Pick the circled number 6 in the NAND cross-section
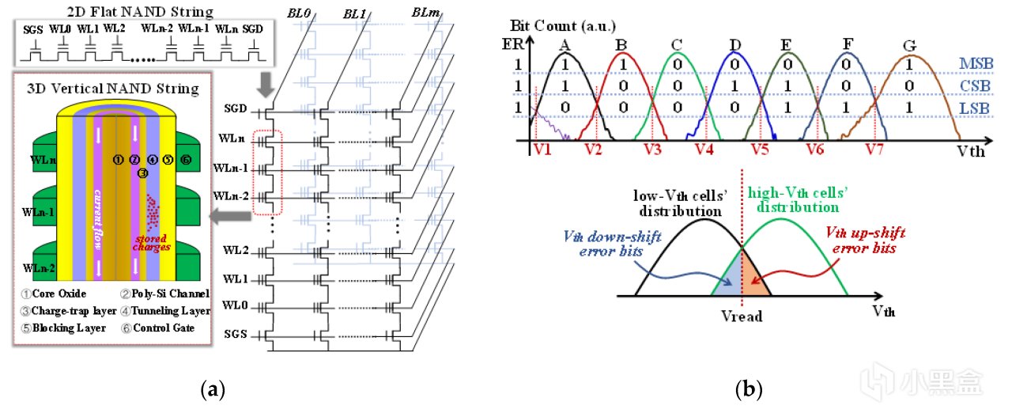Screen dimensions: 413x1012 [x=186, y=159]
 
